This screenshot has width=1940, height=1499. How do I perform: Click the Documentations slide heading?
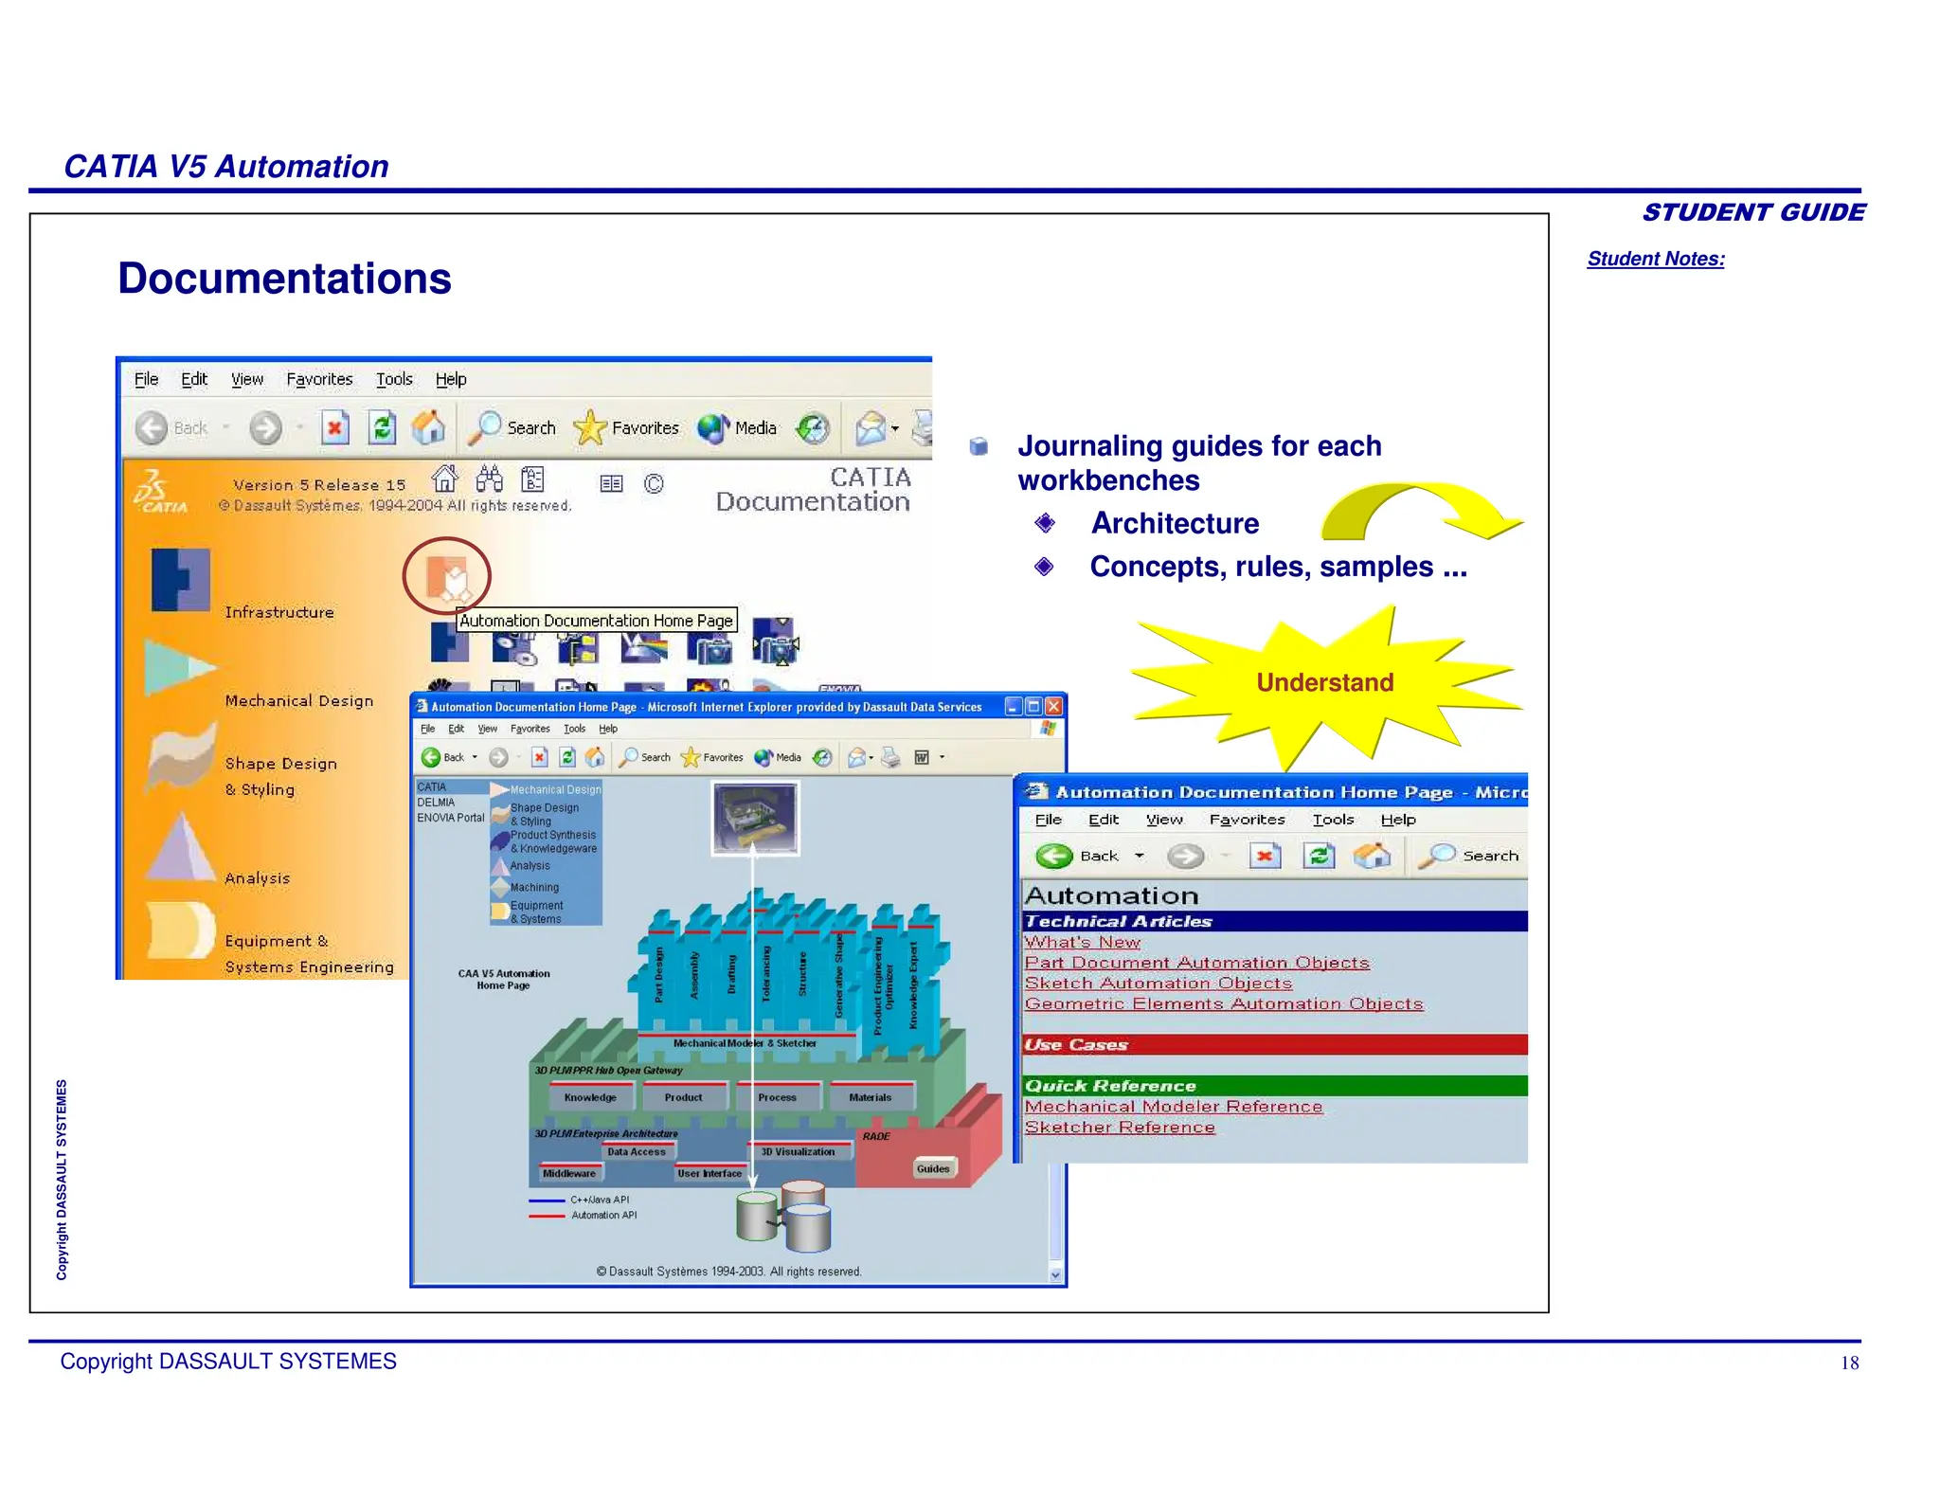[x=284, y=279]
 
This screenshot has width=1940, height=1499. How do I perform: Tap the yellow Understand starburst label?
[x=1324, y=682]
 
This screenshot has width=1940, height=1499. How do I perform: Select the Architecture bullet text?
[x=1175, y=523]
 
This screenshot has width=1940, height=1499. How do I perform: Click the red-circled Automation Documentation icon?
[x=446, y=575]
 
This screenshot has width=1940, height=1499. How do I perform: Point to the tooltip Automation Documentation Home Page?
[x=596, y=621]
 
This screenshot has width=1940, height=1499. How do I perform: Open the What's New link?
[x=1082, y=942]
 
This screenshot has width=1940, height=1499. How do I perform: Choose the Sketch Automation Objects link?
[x=1158, y=984]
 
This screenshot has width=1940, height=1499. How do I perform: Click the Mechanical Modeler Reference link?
[x=1173, y=1107]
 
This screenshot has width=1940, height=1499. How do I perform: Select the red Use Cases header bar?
[x=1274, y=1044]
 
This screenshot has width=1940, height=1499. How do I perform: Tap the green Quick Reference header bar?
[x=1274, y=1086]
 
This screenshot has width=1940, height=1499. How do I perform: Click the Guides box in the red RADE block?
[x=933, y=1168]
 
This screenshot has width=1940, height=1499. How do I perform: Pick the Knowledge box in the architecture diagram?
[x=590, y=1097]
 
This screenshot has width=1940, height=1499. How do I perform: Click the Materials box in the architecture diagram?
[x=870, y=1097]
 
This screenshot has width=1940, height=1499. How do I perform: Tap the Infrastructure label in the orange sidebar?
[x=279, y=612]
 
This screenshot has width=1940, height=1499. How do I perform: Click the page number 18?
[x=1849, y=1364]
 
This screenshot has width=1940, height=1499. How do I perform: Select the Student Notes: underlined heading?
[x=1656, y=259]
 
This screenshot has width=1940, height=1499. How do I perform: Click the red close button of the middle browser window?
[x=1053, y=706]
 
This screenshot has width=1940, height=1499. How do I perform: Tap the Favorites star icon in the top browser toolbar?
[x=590, y=427]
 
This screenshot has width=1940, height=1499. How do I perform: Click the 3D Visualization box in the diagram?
[x=798, y=1152]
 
